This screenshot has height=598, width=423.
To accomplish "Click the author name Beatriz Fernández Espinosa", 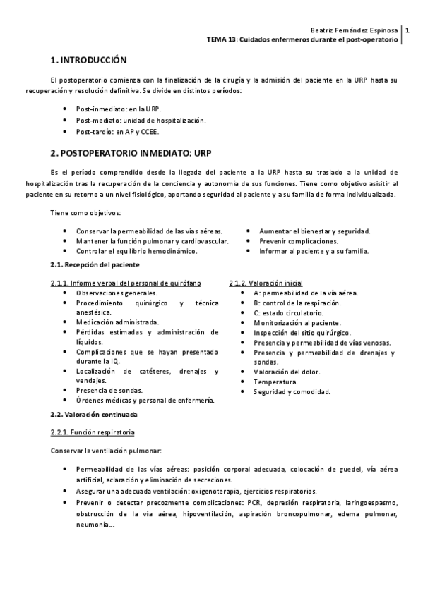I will (354, 30).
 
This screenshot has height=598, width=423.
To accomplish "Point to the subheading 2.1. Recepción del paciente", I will (95, 264).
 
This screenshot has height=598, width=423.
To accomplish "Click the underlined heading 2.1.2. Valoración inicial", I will (266, 283).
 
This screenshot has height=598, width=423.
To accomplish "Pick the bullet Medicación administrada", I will (117, 321).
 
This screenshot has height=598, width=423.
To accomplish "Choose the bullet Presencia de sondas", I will (109, 390).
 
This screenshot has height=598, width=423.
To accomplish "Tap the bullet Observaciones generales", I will (117, 293).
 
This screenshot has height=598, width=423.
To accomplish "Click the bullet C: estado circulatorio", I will (288, 312).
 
